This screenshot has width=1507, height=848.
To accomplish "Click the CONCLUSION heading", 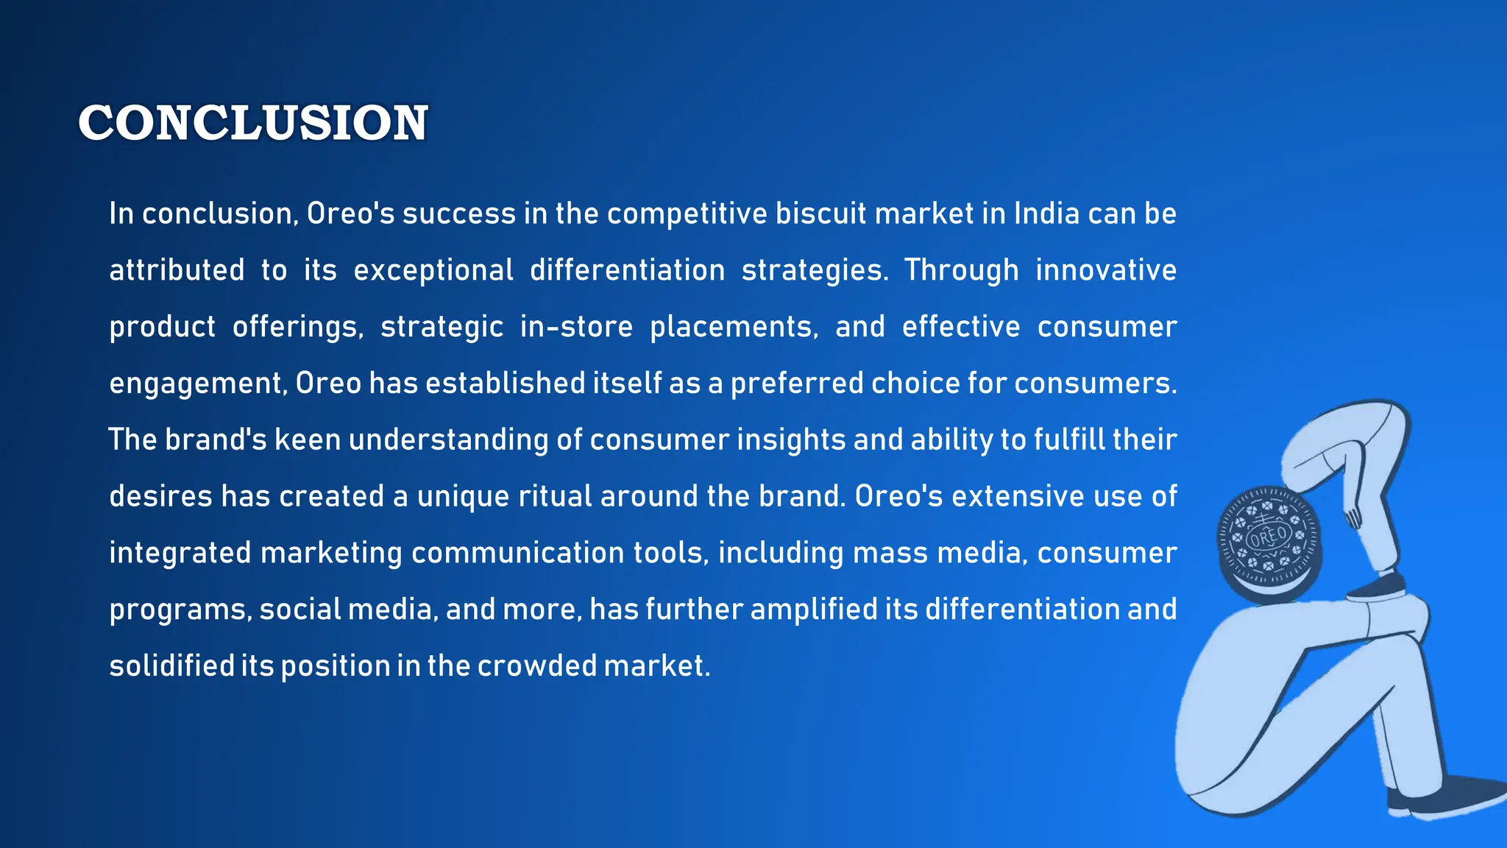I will tap(252, 122).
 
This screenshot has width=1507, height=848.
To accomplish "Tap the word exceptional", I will tap(433, 270).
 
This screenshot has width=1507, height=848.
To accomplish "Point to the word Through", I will tap(961, 270).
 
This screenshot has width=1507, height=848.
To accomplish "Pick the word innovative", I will tap(1105, 270).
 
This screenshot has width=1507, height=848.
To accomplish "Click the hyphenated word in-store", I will tap(576, 327).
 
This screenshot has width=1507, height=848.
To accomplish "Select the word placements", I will tap(734, 327).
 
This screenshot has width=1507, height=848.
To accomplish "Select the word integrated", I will tap(180, 553).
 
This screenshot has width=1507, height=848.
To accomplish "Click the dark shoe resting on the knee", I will tap(1377, 587).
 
